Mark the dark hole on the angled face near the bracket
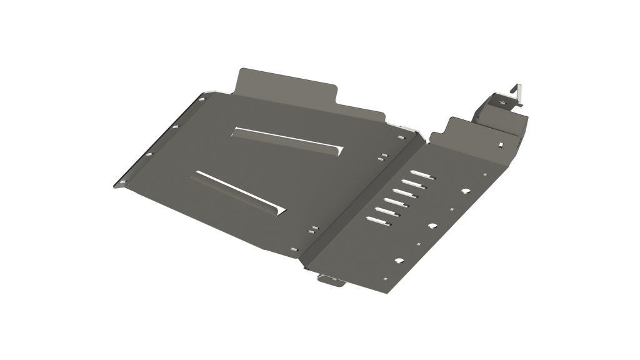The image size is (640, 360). point(501,145)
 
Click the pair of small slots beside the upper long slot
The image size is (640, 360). point(382,156)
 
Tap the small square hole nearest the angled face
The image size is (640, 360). point(484,175)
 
